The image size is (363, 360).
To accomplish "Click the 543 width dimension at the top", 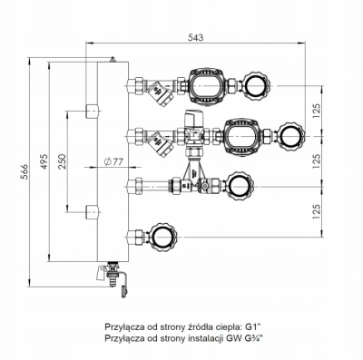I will click(196, 36).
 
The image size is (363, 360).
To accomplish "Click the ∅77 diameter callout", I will click(114, 162).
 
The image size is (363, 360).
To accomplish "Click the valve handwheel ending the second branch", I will click(294, 137).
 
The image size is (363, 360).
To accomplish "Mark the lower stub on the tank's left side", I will click(91, 213).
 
